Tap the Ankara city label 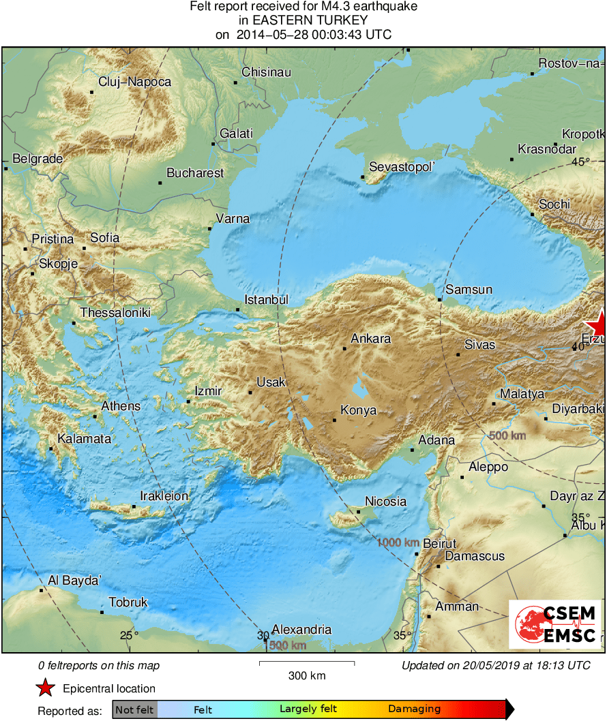point(370,339)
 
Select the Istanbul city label point(267,300)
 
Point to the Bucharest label point(195,173)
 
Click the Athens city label point(121,406)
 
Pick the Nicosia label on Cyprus point(385,502)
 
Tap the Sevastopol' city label point(402,167)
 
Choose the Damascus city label point(475,556)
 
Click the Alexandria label point(301,630)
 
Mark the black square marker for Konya point(334,420)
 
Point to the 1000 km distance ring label point(398,542)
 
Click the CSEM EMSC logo point(556,624)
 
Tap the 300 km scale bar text point(307,676)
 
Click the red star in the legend point(46,688)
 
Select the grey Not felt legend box point(135,709)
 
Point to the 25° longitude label point(129,636)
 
